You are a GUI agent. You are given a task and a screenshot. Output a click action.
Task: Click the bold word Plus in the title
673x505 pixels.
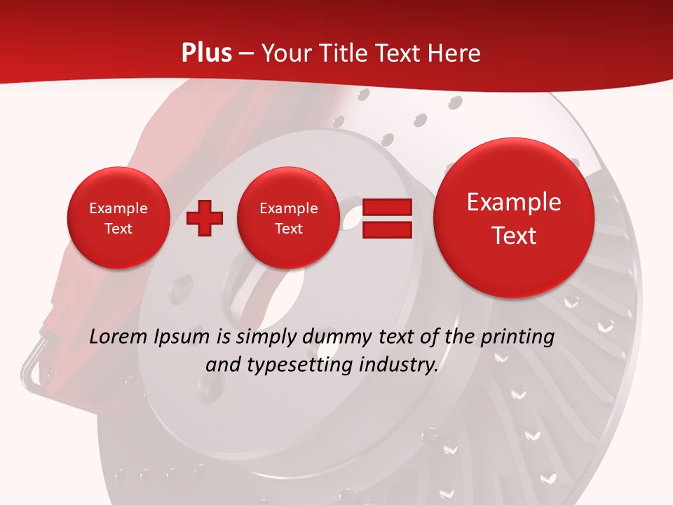point(206,53)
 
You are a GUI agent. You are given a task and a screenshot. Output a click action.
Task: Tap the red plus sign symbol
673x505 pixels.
point(205,218)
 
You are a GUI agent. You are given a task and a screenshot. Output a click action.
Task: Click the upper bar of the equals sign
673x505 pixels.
point(387,207)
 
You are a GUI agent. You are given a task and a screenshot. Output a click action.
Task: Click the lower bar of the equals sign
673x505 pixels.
point(387,231)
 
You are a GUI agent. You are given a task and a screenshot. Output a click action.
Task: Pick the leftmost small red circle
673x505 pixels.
point(118,218)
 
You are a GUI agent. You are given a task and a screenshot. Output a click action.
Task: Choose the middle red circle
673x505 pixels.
point(288,218)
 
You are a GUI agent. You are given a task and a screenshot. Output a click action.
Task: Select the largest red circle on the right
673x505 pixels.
point(514,218)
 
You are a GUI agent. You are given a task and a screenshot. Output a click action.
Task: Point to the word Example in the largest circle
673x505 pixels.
point(514,202)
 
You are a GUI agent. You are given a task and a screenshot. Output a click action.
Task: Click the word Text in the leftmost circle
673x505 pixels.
point(118,229)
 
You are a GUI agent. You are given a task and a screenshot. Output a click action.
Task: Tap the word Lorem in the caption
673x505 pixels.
point(118,337)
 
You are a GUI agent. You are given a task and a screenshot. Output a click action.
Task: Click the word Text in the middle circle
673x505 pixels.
point(288,229)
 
